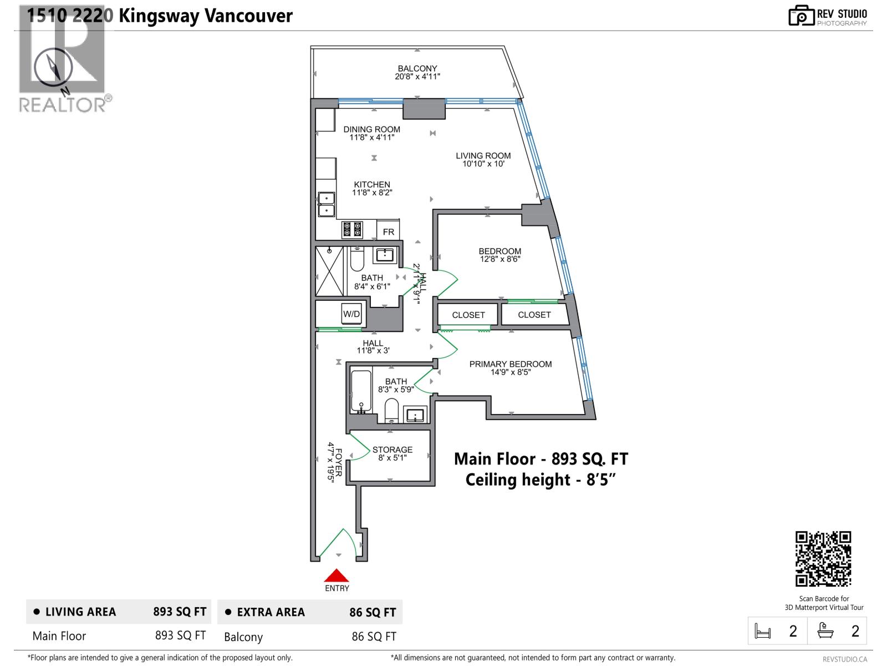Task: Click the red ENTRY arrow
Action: coord(336,576)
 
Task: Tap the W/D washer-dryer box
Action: coord(351,314)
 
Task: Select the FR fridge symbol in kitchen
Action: coord(388,231)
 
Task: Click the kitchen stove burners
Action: coord(352,229)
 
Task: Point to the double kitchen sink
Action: coord(326,204)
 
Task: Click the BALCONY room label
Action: coord(417,73)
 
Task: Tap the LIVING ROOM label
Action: coord(483,160)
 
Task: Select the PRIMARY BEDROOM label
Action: coord(510,368)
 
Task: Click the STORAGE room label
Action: coord(392,453)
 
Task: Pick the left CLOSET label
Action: coord(468,315)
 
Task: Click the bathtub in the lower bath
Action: coord(361,392)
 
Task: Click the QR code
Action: coord(823,558)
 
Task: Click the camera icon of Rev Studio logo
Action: coord(801,16)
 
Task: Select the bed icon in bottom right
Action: coord(763,632)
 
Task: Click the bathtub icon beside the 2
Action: coord(825,632)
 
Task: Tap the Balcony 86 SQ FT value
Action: coord(374,637)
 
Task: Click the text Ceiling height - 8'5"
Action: coord(540,480)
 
